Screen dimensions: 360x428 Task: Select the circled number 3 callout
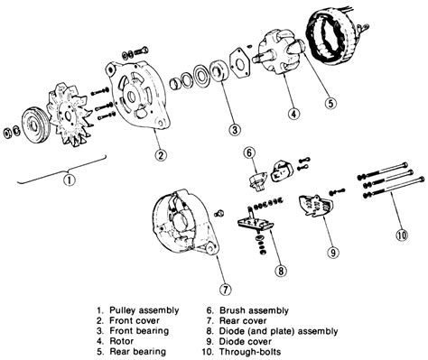click(235, 130)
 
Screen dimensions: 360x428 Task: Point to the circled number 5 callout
click(331, 103)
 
